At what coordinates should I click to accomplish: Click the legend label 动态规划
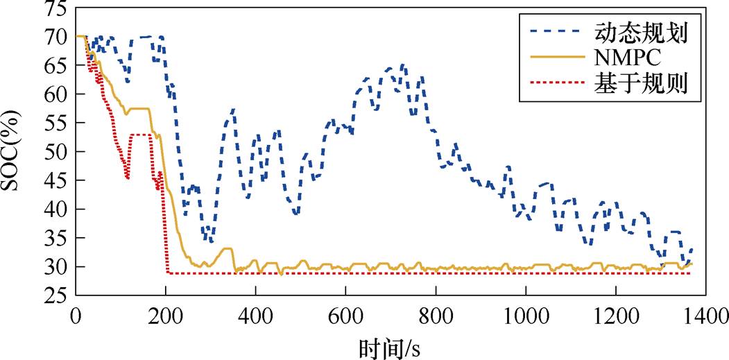(x=640, y=31)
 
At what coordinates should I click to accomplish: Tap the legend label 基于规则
(x=640, y=85)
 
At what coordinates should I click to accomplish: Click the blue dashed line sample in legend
(x=556, y=31)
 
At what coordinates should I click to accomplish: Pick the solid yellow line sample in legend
(x=556, y=58)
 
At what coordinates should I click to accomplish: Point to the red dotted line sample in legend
(x=556, y=85)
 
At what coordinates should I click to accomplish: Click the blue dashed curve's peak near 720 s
(x=402, y=65)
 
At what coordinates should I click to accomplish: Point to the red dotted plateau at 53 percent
(x=141, y=135)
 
